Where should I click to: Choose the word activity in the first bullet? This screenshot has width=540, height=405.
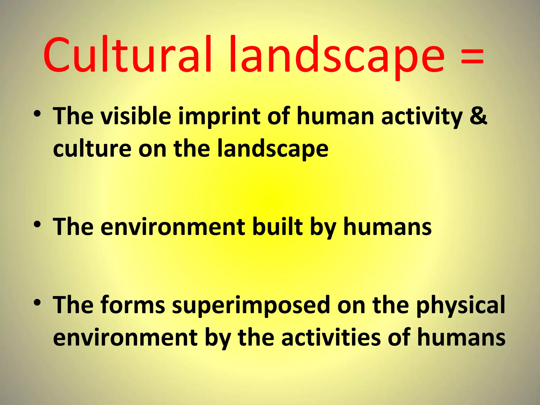422,117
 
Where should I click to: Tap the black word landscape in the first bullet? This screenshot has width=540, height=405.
273,149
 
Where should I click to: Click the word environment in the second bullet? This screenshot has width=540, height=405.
173,227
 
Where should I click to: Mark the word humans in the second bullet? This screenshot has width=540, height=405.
387,226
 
